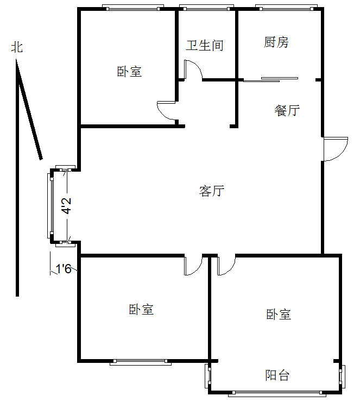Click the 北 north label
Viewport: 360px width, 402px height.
[17, 47]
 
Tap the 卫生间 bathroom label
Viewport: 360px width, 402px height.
[205, 45]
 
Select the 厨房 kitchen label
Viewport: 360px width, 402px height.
[276, 42]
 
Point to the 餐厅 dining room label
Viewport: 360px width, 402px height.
[287, 110]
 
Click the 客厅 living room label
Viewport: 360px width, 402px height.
[211, 191]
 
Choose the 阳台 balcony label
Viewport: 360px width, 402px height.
[277, 375]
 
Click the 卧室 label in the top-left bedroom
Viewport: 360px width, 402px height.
[129, 71]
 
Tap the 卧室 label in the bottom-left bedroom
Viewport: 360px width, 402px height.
[141, 310]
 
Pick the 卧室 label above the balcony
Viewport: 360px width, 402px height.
[279, 314]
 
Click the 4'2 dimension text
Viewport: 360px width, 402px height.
[66, 206]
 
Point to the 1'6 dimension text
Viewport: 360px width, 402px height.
[64, 268]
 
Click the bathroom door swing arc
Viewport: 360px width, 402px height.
[193, 69]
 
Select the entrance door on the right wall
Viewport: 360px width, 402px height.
[334, 148]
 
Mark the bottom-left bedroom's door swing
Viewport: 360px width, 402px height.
[193, 265]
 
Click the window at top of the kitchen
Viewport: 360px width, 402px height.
[287, 8]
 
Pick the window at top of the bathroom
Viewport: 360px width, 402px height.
[206, 8]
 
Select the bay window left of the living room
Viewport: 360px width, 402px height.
[51, 205]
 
